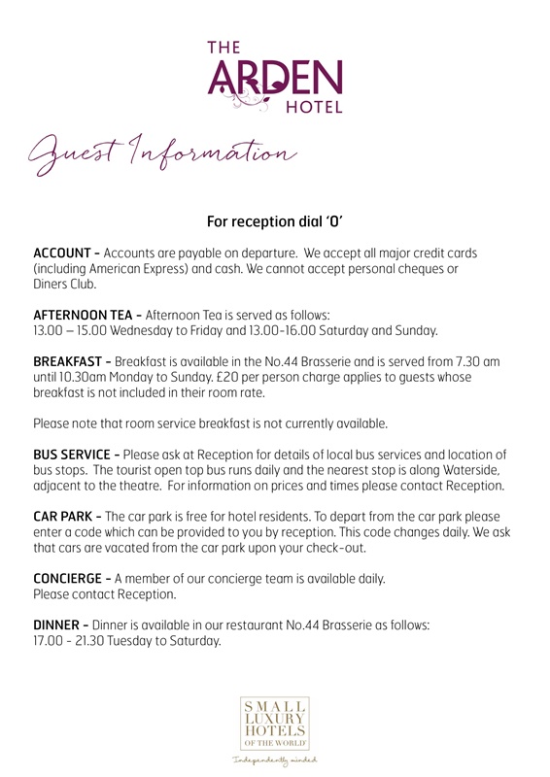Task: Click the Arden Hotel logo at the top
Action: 275,75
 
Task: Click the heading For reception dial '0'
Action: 275,220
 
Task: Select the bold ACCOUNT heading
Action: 64,253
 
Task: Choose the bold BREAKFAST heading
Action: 69,361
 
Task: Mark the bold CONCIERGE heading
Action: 70,579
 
